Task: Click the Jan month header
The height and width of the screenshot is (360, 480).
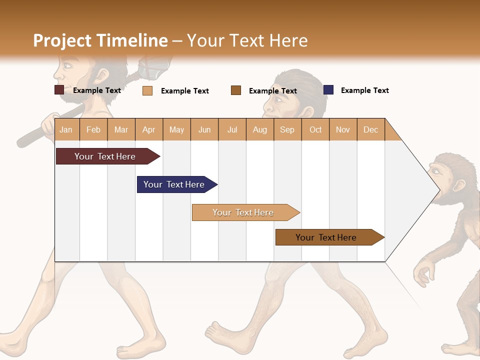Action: (66, 129)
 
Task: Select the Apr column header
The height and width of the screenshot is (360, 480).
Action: (148, 129)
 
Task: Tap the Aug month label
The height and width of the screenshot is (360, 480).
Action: (259, 129)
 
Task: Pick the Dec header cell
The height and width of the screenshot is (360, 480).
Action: (370, 129)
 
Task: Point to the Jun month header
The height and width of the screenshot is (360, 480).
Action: (204, 129)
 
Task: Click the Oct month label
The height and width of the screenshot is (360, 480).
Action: (315, 129)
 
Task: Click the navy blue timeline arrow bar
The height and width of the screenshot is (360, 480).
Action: (175, 184)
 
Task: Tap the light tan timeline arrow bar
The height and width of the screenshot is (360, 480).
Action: (244, 212)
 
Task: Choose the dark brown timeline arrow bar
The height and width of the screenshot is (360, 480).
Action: (327, 237)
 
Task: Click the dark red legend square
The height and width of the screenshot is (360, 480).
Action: (59, 90)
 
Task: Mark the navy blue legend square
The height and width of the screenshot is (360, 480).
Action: (328, 90)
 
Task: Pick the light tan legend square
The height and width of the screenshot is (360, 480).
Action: (147, 90)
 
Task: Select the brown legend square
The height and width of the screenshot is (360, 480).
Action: (236, 90)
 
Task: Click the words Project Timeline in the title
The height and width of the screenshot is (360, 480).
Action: (100, 40)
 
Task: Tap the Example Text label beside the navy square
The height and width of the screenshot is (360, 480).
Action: (364, 90)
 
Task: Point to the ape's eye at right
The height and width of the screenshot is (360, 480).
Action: (436, 171)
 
